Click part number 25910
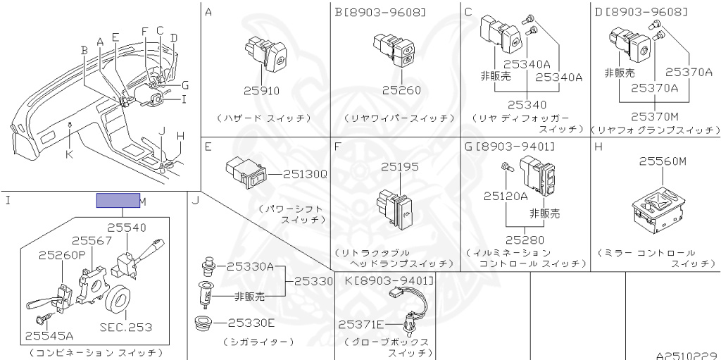pos(261,91)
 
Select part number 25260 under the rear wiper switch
pos(401,91)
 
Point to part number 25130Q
pos(306,172)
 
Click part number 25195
pos(399,167)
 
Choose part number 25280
pos(524,240)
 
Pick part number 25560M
pos(662,161)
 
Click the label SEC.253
pos(127,328)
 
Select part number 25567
pos(92,241)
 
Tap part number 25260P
pos(62,254)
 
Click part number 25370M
pos(654,116)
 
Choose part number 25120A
pos(506,197)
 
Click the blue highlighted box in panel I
pos(118,201)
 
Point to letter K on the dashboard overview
pos(68,154)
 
